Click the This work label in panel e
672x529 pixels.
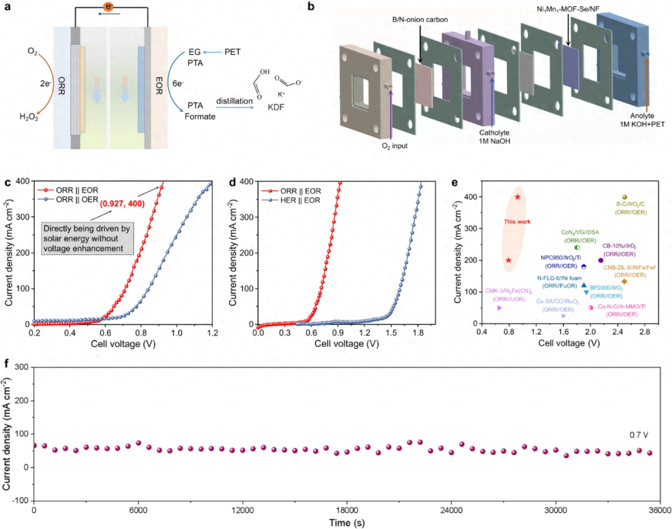(517, 221)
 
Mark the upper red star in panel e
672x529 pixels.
(518, 197)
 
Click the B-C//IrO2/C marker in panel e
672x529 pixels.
(624, 197)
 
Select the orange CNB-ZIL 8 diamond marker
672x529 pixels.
(624, 282)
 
